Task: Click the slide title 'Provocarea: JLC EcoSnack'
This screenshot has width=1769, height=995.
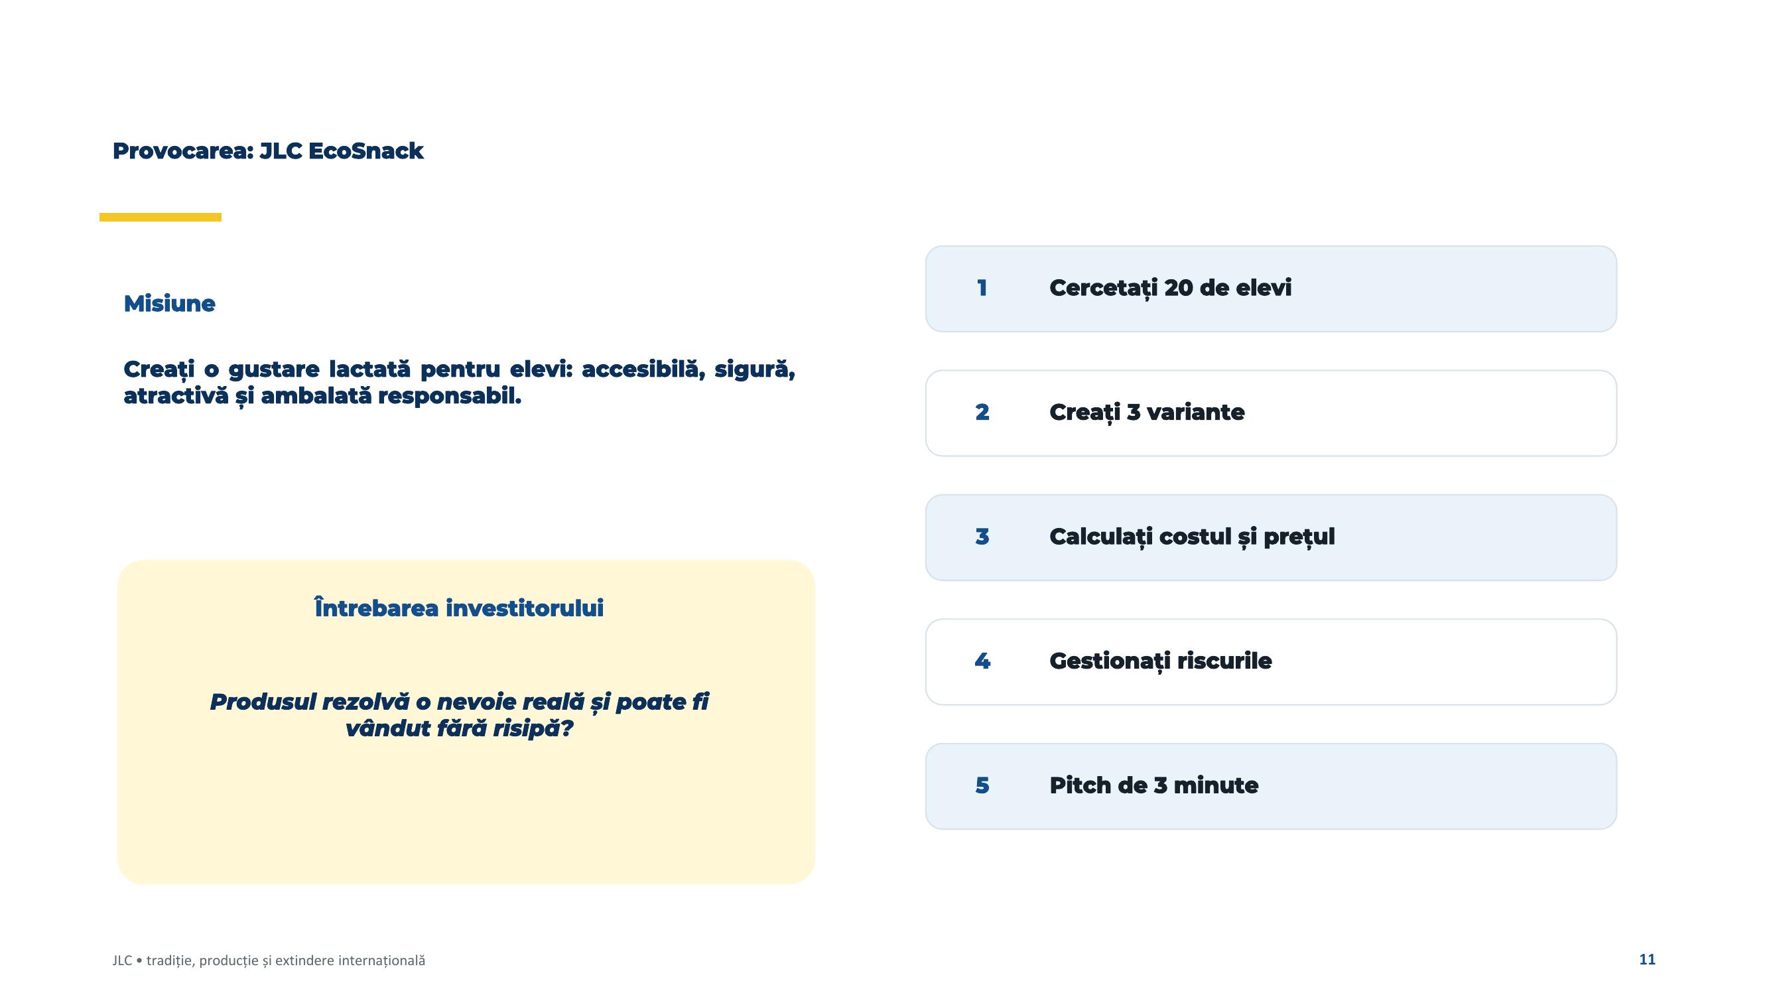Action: pos(268,151)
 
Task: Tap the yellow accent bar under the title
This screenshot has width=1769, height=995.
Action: pos(160,217)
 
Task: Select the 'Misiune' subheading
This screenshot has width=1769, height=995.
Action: pos(169,304)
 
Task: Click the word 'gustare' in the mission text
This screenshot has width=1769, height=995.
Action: pos(273,369)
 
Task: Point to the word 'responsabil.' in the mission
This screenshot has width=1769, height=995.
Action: pos(449,396)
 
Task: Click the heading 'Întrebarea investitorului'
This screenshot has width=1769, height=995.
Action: pos(459,608)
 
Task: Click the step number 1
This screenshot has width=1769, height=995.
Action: pos(982,288)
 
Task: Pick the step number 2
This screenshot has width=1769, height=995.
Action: pos(982,412)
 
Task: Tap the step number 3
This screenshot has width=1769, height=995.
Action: pos(982,536)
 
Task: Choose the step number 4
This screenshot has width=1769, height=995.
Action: pos(982,661)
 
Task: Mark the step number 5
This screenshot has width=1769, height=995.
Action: pos(982,785)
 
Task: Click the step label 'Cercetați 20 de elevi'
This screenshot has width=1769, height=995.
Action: pos(1170,288)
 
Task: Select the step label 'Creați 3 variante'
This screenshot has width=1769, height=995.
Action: pos(1147,412)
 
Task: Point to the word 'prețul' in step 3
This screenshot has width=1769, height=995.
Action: pos(1299,537)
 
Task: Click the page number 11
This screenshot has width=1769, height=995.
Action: pos(1647,959)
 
